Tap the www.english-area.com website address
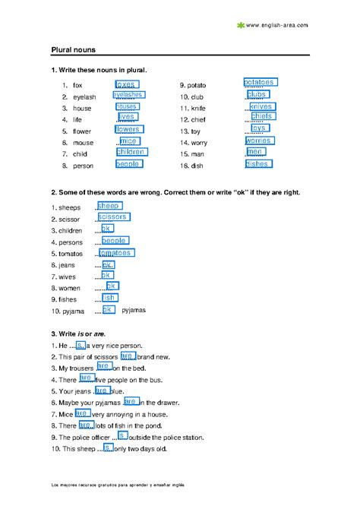277,25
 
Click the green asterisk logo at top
241,25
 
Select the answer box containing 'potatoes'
260,82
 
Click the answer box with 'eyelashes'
128,96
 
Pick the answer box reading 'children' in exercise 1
131,152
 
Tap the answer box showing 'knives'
261,107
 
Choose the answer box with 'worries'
258,141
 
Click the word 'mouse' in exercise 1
83,142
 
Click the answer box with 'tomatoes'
115,253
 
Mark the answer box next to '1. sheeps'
109,206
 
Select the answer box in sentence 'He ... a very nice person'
81,345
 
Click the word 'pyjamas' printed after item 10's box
134,310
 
